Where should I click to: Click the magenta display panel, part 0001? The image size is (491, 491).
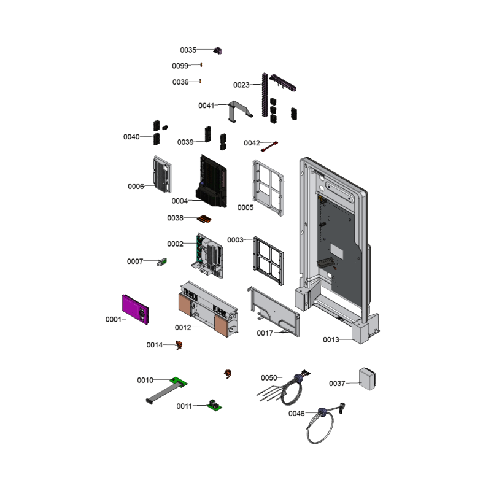(x=135, y=309)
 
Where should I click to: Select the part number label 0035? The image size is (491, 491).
(x=188, y=50)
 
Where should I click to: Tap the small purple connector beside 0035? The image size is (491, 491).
(x=218, y=51)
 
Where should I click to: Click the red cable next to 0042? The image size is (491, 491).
(x=269, y=147)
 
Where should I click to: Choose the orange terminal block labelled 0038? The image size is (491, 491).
(x=204, y=219)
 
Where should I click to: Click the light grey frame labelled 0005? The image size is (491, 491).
(x=268, y=188)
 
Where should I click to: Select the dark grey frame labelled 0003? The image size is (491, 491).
(x=268, y=261)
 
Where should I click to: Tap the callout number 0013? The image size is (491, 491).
(x=331, y=340)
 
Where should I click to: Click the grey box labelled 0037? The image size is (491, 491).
(x=367, y=379)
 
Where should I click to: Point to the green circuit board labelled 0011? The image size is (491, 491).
(x=214, y=406)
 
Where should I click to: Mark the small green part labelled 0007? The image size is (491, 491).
(x=162, y=262)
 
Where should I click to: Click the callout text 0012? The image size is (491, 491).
(x=183, y=328)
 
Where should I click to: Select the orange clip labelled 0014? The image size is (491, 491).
(x=179, y=345)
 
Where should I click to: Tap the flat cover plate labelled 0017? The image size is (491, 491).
(x=274, y=311)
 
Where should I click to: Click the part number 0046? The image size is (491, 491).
(x=296, y=414)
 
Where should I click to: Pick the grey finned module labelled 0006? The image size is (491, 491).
(x=162, y=174)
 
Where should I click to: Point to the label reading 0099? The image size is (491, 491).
(x=180, y=66)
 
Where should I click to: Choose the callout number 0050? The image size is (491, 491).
(x=269, y=378)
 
